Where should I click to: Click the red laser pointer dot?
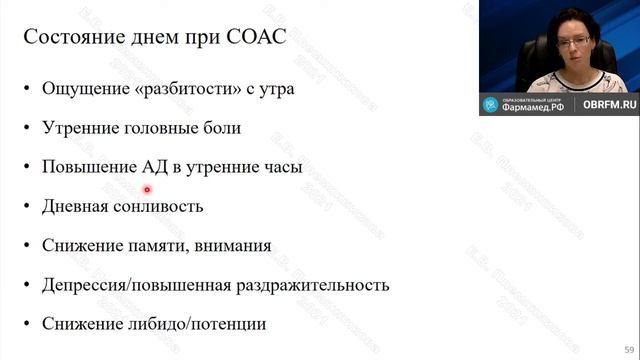[147, 189]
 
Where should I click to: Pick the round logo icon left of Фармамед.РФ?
[490, 105]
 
